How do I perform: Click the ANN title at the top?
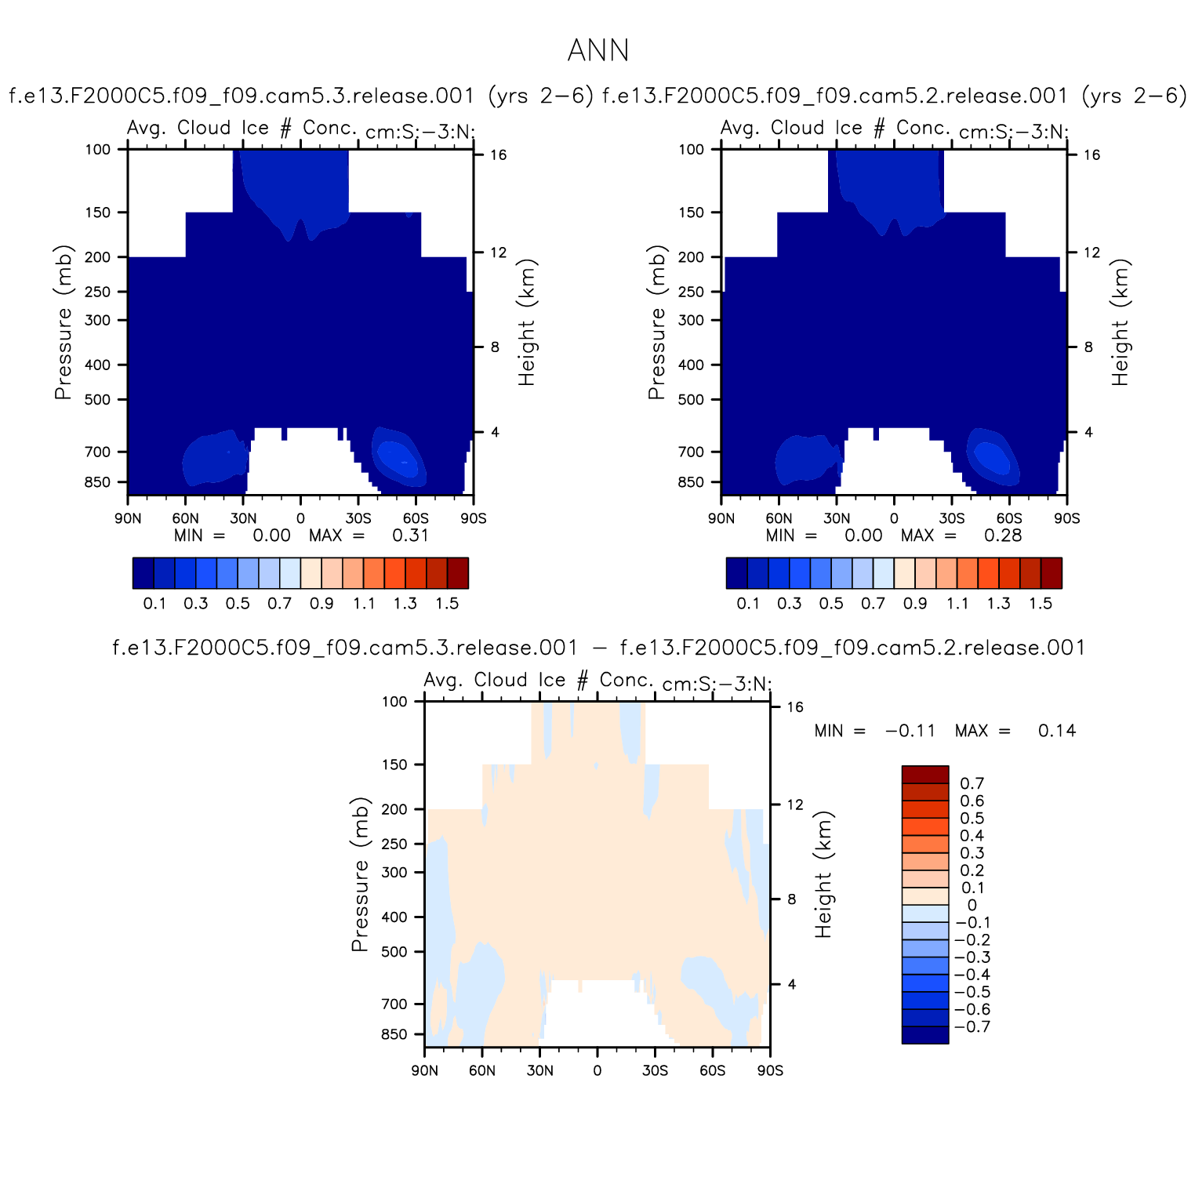597,51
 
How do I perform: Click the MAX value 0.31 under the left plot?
410,536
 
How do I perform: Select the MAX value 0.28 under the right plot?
1003,536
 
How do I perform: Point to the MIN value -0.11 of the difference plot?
910,731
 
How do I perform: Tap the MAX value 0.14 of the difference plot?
1056,731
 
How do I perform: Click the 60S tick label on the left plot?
416,518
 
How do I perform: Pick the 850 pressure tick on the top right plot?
691,482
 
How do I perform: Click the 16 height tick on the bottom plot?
795,707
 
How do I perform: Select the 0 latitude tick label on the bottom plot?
597,1071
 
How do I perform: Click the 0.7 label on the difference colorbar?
972,783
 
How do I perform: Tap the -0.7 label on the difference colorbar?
972,1027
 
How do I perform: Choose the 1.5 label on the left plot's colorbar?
447,604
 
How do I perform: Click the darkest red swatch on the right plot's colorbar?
1051,572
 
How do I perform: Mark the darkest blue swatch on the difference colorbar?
925,1035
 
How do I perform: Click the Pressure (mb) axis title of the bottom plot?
360,874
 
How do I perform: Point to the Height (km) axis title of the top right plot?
1120,322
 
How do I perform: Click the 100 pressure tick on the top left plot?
97,149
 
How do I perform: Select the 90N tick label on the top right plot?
721,518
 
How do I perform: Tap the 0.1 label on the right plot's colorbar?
748,604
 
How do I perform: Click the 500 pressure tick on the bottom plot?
394,952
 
